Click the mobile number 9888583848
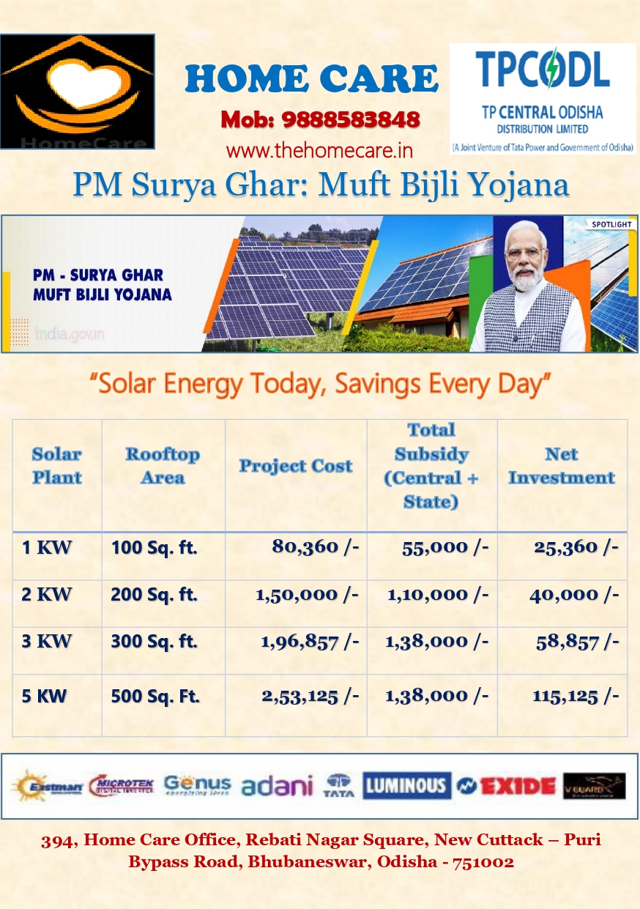(x=351, y=119)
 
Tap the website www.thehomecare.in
(x=319, y=151)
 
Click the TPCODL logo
(x=542, y=97)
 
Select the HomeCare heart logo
(x=78, y=92)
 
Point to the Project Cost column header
(x=296, y=467)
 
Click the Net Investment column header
(x=562, y=467)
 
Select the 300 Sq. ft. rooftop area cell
(x=154, y=642)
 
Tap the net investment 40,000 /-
(x=574, y=594)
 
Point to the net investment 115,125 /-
(x=576, y=696)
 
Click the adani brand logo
(x=277, y=786)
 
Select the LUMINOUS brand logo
(x=406, y=786)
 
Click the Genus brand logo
(x=197, y=785)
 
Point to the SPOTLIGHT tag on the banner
(x=607, y=223)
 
